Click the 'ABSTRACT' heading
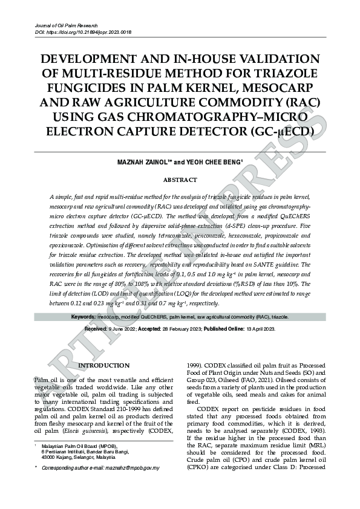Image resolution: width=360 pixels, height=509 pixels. (x=180, y=180)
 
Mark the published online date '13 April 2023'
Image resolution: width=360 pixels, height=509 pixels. (x=261, y=328)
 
